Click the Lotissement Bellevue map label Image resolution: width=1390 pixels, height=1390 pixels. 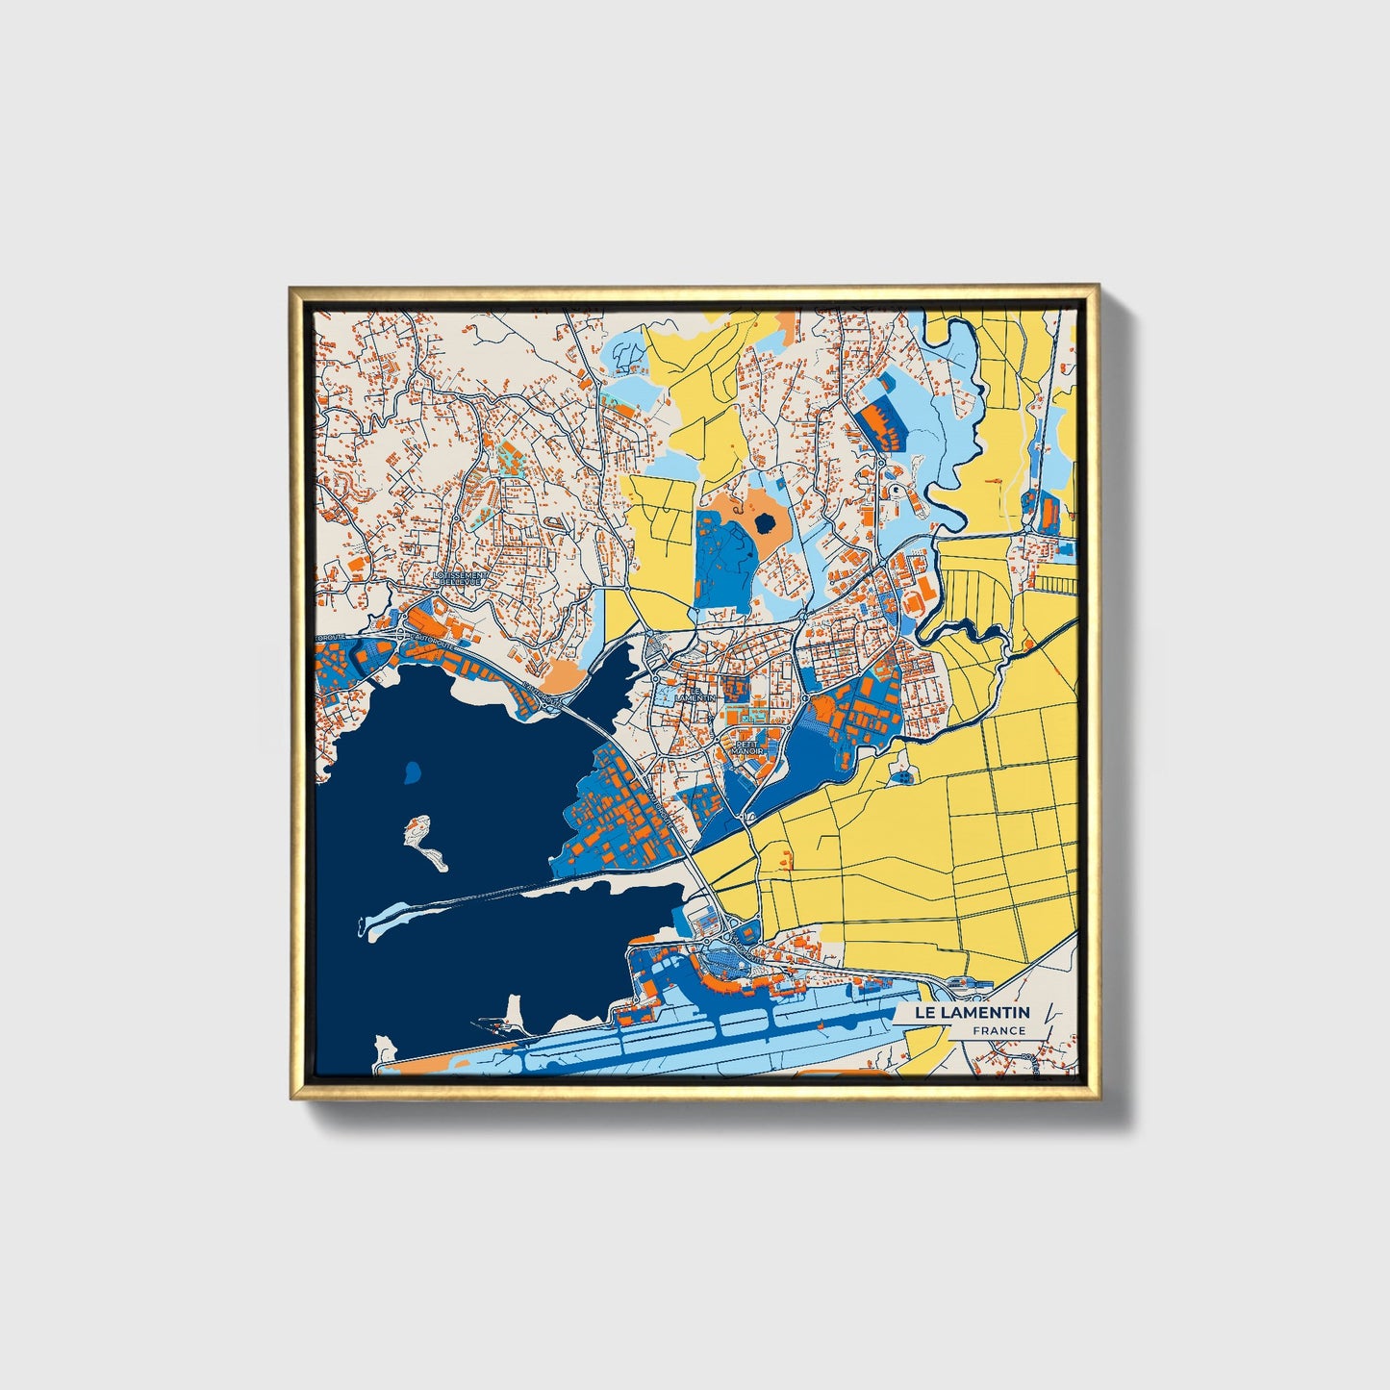pos(462,577)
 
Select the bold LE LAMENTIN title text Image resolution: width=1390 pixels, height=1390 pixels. pos(972,1012)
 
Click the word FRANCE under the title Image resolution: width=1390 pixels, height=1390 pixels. pos(998,1031)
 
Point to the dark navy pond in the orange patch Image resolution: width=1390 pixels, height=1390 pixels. pos(766,523)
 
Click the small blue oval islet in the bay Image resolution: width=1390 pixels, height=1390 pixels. pos(412,771)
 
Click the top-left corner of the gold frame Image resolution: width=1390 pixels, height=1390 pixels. pos(291,288)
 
